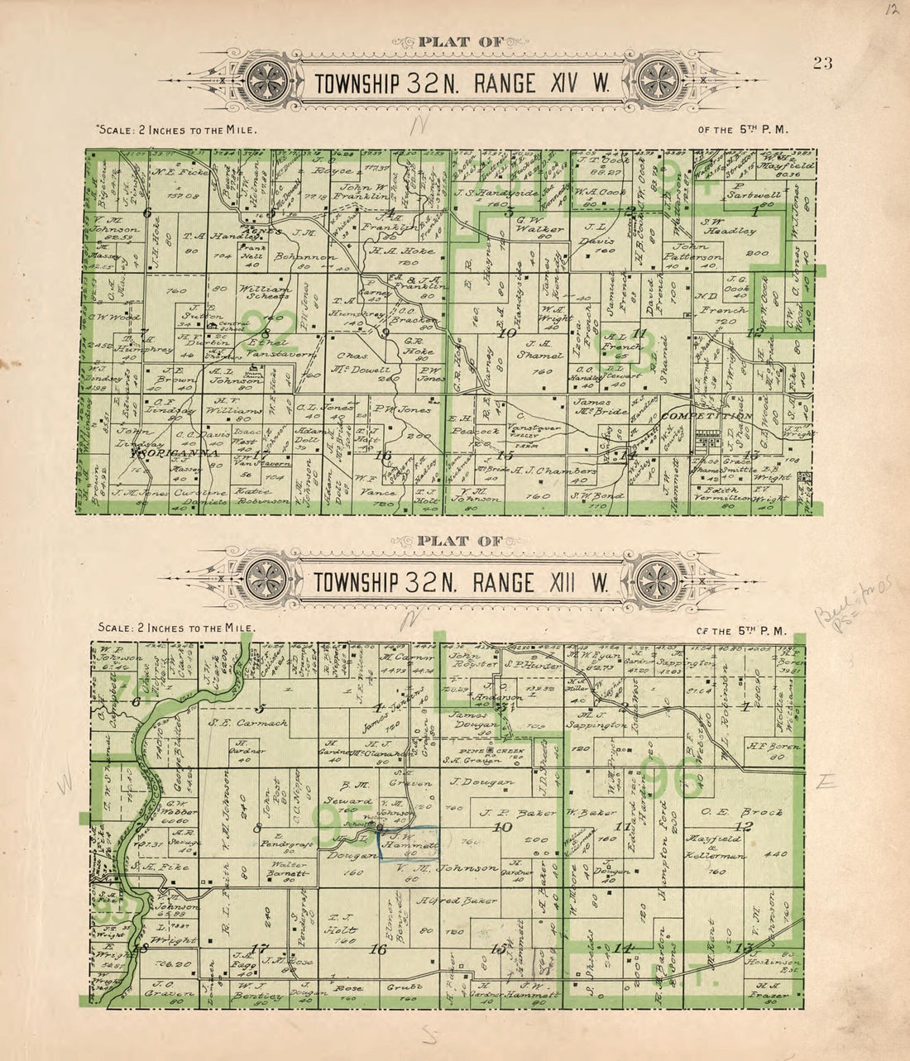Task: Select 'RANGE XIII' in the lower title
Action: pyautogui.click(x=540, y=583)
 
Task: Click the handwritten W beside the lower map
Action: pyautogui.click(x=64, y=781)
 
